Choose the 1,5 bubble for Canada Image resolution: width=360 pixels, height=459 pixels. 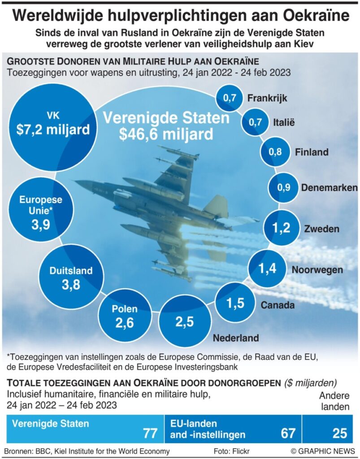click(234, 303)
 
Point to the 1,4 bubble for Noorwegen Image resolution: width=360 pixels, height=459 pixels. click(267, 269)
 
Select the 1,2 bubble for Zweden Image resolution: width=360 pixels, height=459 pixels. click(281, 229)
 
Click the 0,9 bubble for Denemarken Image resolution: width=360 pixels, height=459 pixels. click(284, 188)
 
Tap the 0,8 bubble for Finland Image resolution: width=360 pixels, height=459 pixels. click(275, 152)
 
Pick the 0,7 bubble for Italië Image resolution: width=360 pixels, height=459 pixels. click(255, 121)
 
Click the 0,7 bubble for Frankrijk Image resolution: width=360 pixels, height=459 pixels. click(229, 98)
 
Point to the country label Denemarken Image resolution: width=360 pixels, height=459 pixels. click(329, 188)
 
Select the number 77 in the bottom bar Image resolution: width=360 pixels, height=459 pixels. click(149, 433)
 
